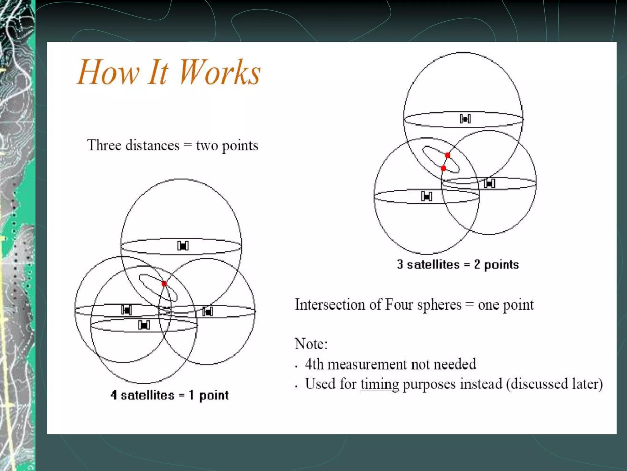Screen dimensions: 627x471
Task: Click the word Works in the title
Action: coord(219,72)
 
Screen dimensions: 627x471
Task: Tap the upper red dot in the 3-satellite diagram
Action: coord(448,155)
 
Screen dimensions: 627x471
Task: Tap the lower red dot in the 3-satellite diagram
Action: coord(443,168)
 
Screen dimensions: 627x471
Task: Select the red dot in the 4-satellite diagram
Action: coord(164,284)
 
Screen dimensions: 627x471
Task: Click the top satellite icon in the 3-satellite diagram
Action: coord(465,119)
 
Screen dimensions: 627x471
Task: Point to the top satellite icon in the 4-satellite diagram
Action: coord(183,246)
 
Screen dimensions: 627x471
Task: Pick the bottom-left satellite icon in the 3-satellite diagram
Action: coord(426,196)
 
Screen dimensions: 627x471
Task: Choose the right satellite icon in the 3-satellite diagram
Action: coord(489,183)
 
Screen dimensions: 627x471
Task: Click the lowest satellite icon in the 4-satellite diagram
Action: coord(144,325)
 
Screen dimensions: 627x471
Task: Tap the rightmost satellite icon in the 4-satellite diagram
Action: coord(208,312)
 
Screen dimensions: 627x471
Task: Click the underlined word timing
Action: coord(380,384)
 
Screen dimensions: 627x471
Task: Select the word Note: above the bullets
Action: coord(311,344)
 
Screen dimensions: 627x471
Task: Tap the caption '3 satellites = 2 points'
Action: coord(458,264)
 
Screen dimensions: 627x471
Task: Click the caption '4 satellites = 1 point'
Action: coord(169,395)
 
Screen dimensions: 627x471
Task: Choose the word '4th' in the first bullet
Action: coord(314,364)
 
